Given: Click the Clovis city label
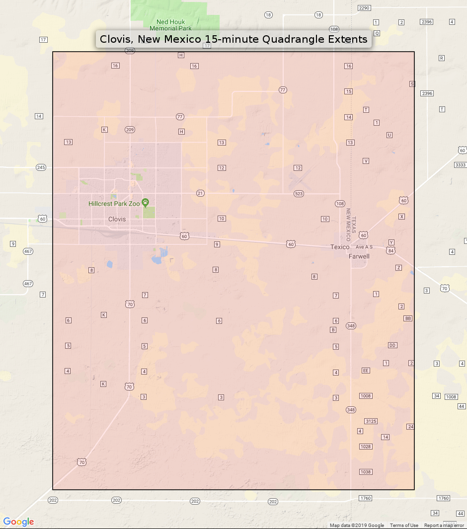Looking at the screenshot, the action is pos(117,219).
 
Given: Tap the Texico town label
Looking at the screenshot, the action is pos(340,247).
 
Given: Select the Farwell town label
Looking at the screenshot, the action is pos(359,256).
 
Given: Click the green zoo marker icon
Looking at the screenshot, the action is pos(145,202).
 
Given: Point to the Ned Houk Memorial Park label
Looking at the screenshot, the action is pos(170,25).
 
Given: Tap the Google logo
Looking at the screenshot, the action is pos(18,522).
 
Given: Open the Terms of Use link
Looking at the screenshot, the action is pos(404,526).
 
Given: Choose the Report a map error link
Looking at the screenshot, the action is pos(444,526).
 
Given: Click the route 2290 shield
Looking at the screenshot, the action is pos(364,8).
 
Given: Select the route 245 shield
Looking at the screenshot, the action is pos(41,167).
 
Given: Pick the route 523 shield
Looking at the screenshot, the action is pos(299,193).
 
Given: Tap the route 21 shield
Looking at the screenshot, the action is pos(200,193).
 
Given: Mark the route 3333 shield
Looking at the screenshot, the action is pos(460,165).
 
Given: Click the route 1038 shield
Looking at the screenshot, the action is pos(366,472).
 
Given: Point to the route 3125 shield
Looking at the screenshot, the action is pos(371,421).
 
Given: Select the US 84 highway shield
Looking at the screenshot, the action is pos(391,250).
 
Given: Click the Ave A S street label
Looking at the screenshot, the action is pos(364,247).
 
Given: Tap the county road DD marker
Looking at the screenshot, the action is pos(392,345).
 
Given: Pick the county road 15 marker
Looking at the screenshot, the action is pos(348,91).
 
